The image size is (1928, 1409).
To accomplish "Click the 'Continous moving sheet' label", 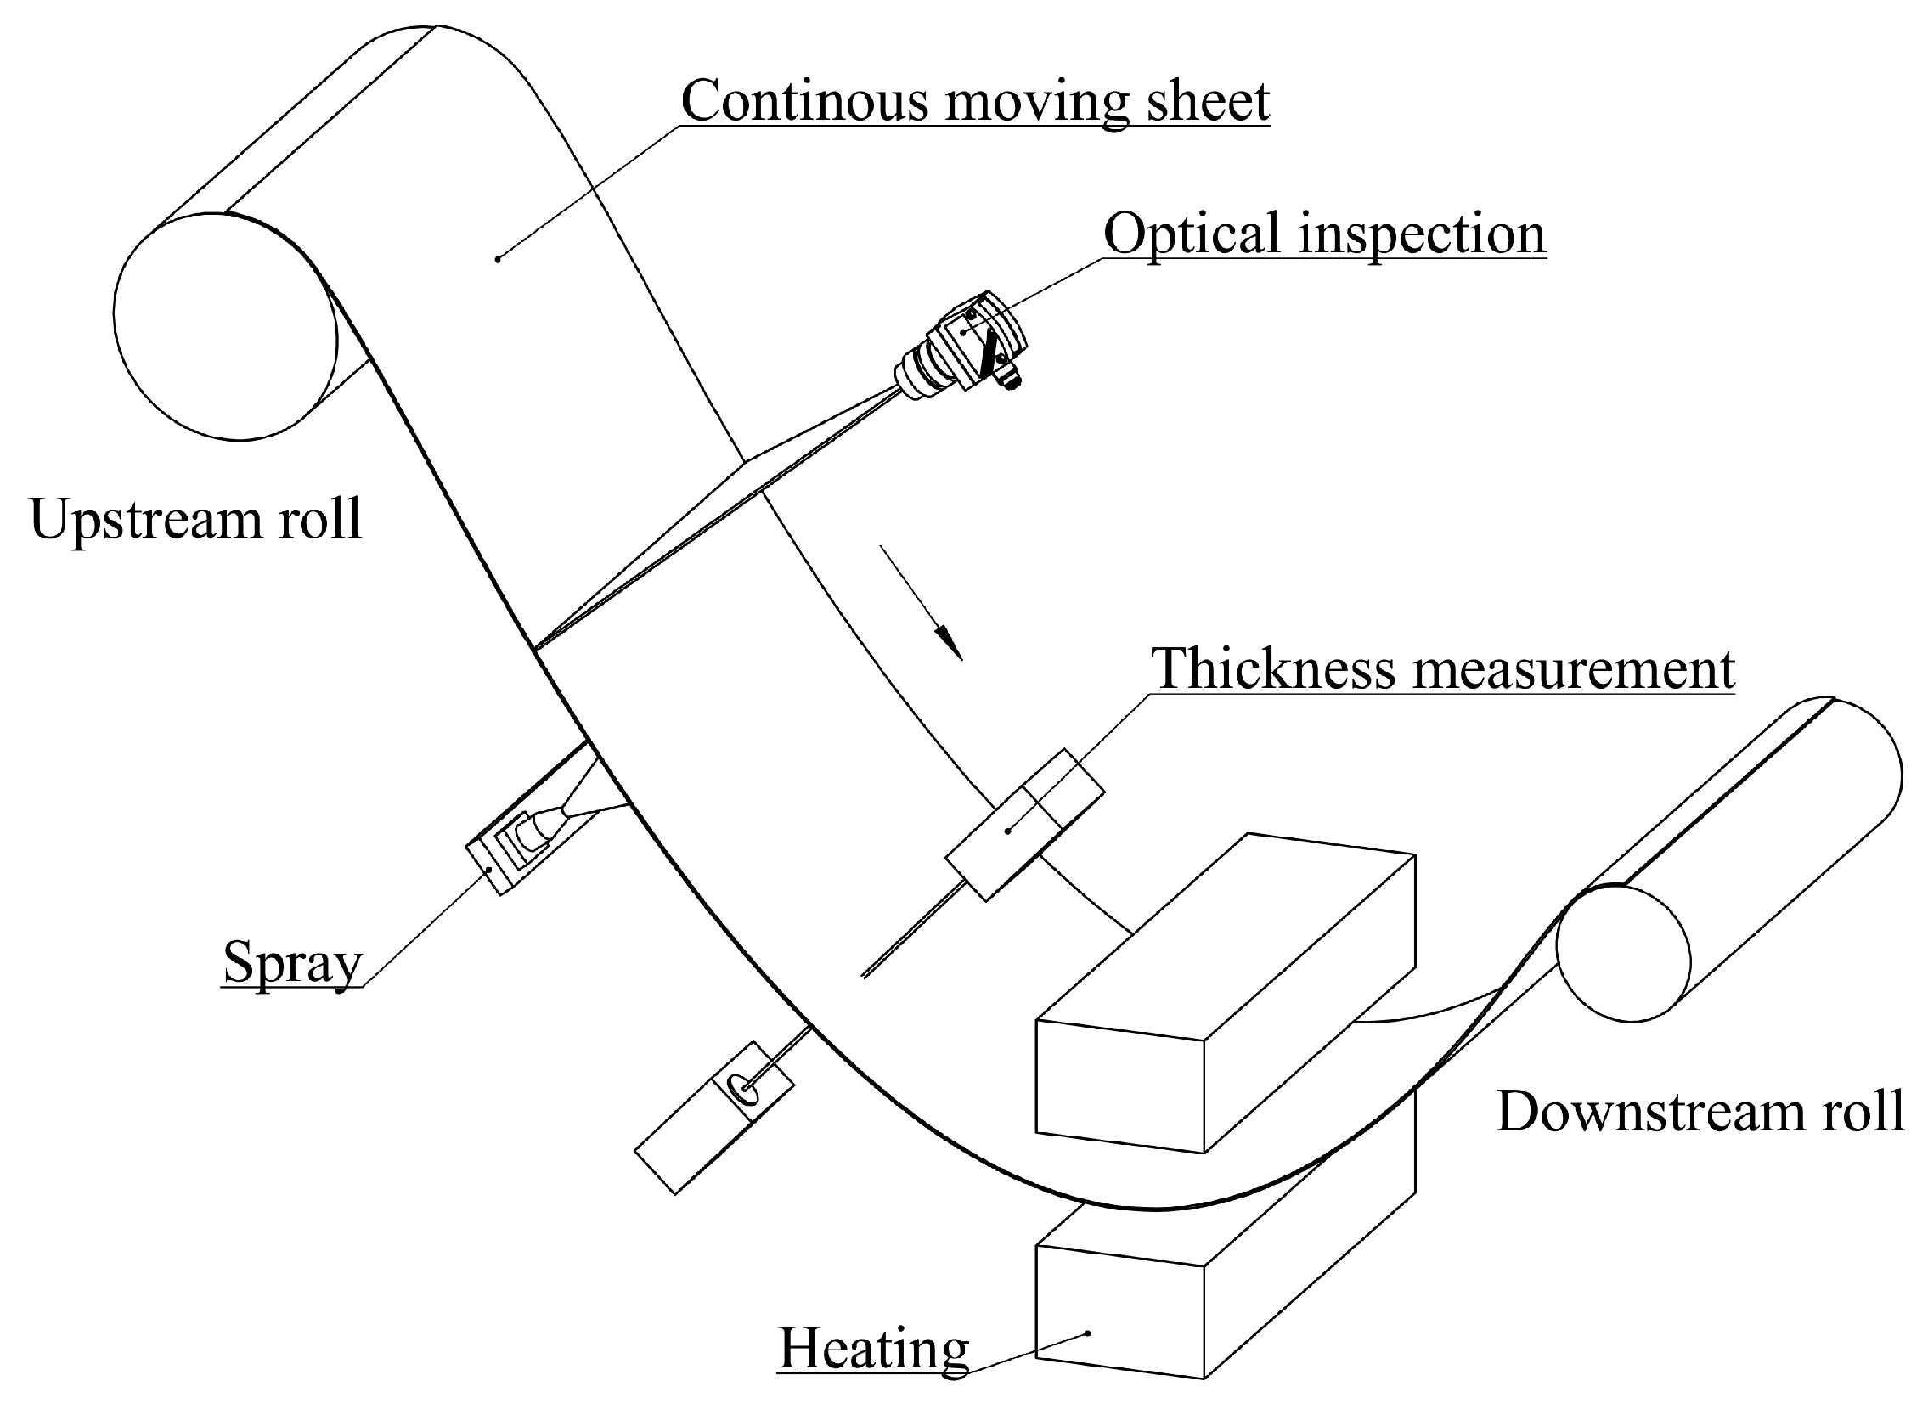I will [975, 100].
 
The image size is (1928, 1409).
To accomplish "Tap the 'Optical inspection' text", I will [1323, 234].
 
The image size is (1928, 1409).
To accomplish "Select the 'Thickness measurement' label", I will [1443, 668].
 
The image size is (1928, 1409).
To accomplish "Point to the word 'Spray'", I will [292, 962].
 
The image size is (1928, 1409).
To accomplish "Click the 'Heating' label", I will [873, 1350].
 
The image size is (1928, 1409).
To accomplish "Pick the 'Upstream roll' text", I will [195, 518].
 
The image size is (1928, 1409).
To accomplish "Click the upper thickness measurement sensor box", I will [1024, 824].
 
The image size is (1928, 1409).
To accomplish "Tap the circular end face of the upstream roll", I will [226, 327].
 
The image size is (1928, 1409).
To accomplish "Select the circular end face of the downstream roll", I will [1623, 954].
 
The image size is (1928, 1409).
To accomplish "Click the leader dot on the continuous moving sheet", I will [498, 258].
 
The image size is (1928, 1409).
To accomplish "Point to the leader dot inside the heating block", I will [1087, 1333].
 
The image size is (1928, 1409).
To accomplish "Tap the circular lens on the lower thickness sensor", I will [741, 1089].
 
